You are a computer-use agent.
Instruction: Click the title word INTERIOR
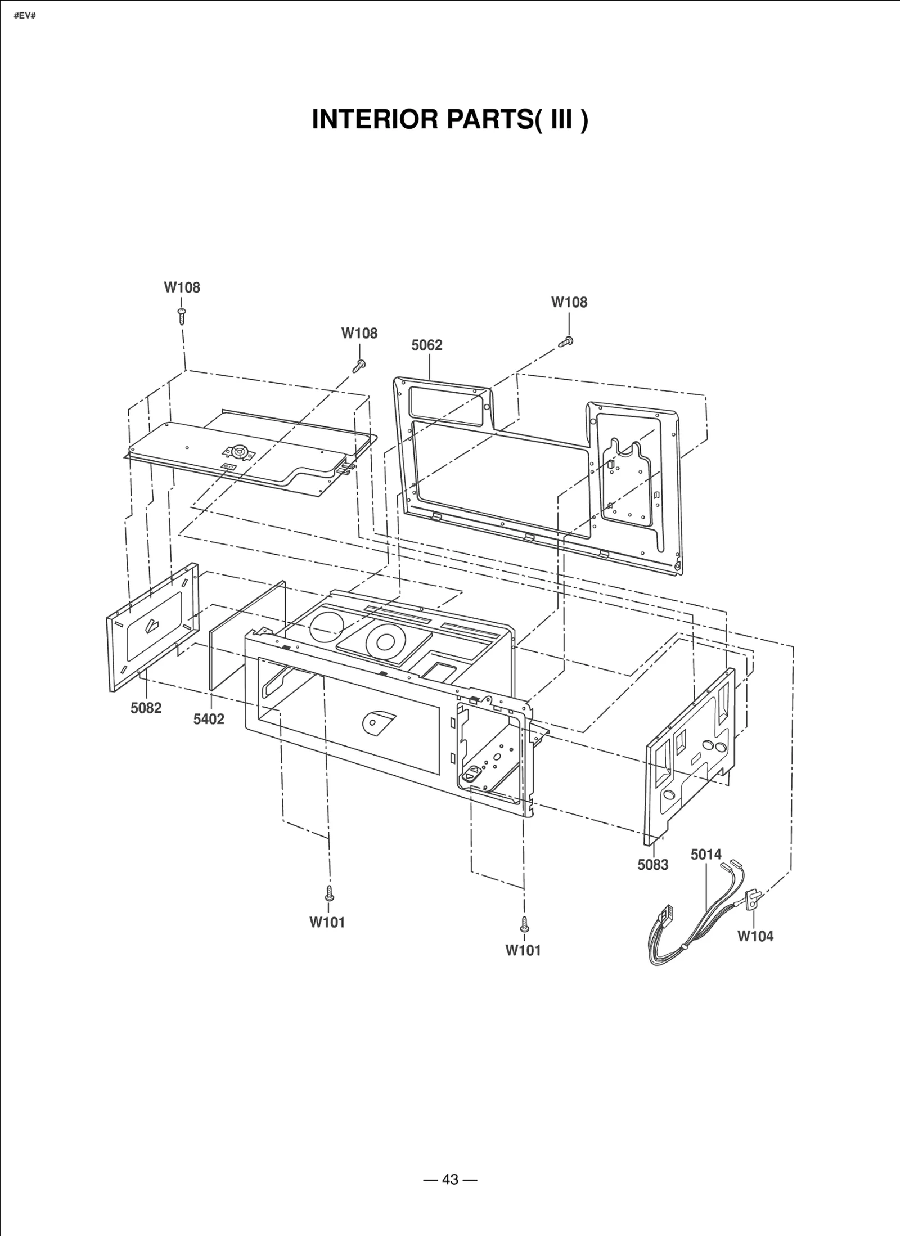pos(376,119)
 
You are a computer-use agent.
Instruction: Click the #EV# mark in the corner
pos(24,15)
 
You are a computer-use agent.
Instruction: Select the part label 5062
pos(426,345)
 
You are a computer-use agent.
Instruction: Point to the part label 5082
pos(146,708)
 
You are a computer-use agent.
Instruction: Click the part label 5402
pos(209,719)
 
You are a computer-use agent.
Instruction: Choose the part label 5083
pos(652,865)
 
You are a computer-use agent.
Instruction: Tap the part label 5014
pos(706,854)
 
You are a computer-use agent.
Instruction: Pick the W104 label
pos(755,936)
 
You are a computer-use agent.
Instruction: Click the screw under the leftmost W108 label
pos(182,316)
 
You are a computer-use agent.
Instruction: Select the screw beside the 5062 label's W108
pos(359,366)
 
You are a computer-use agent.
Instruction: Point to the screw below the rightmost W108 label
pos(567,341)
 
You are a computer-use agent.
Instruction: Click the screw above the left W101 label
pos(330,893)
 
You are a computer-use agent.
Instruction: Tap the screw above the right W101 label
pos(524,923)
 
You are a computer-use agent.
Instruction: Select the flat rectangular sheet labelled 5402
pos(247,636)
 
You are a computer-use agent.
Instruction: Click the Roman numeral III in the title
pos(561,119)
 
